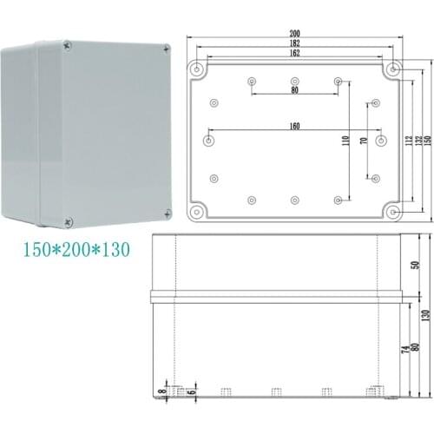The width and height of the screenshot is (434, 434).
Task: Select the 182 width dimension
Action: coord(295,43)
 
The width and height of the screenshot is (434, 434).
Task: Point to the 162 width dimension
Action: coord(295,54)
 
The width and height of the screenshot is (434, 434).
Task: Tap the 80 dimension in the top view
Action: coord(295,89)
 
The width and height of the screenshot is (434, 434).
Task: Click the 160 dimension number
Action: coord(295,128)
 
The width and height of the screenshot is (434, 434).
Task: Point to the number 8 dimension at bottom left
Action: coord(161,392)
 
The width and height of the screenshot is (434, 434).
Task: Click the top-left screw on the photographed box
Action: coord(66,43)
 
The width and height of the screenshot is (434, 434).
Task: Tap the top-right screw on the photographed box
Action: coord(166,50)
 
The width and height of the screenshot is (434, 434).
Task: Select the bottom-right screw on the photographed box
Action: coord(167,212)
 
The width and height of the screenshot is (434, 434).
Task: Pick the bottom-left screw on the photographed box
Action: coord(69,220)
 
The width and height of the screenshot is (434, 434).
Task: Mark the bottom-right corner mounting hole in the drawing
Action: coord(394,210)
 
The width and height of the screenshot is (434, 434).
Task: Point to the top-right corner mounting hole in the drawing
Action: coord(394,69)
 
